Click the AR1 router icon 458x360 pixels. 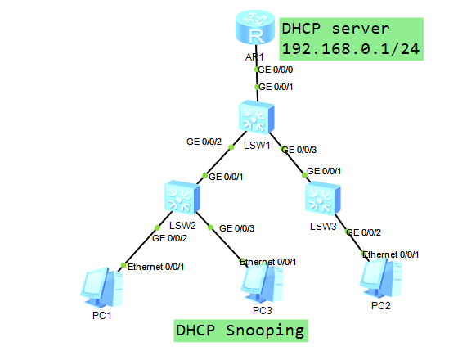click(x=255, y=32)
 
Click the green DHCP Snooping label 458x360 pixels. click(x=240, y=331)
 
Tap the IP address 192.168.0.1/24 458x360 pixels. click(x=350, y=49)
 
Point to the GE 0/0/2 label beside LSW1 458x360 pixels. click(x=204, y=142)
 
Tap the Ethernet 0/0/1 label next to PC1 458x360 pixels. click(x=156, y=266)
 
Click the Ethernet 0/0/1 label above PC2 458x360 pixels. click(x=391, y=254)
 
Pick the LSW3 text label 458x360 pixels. click(x=322, y=225)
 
